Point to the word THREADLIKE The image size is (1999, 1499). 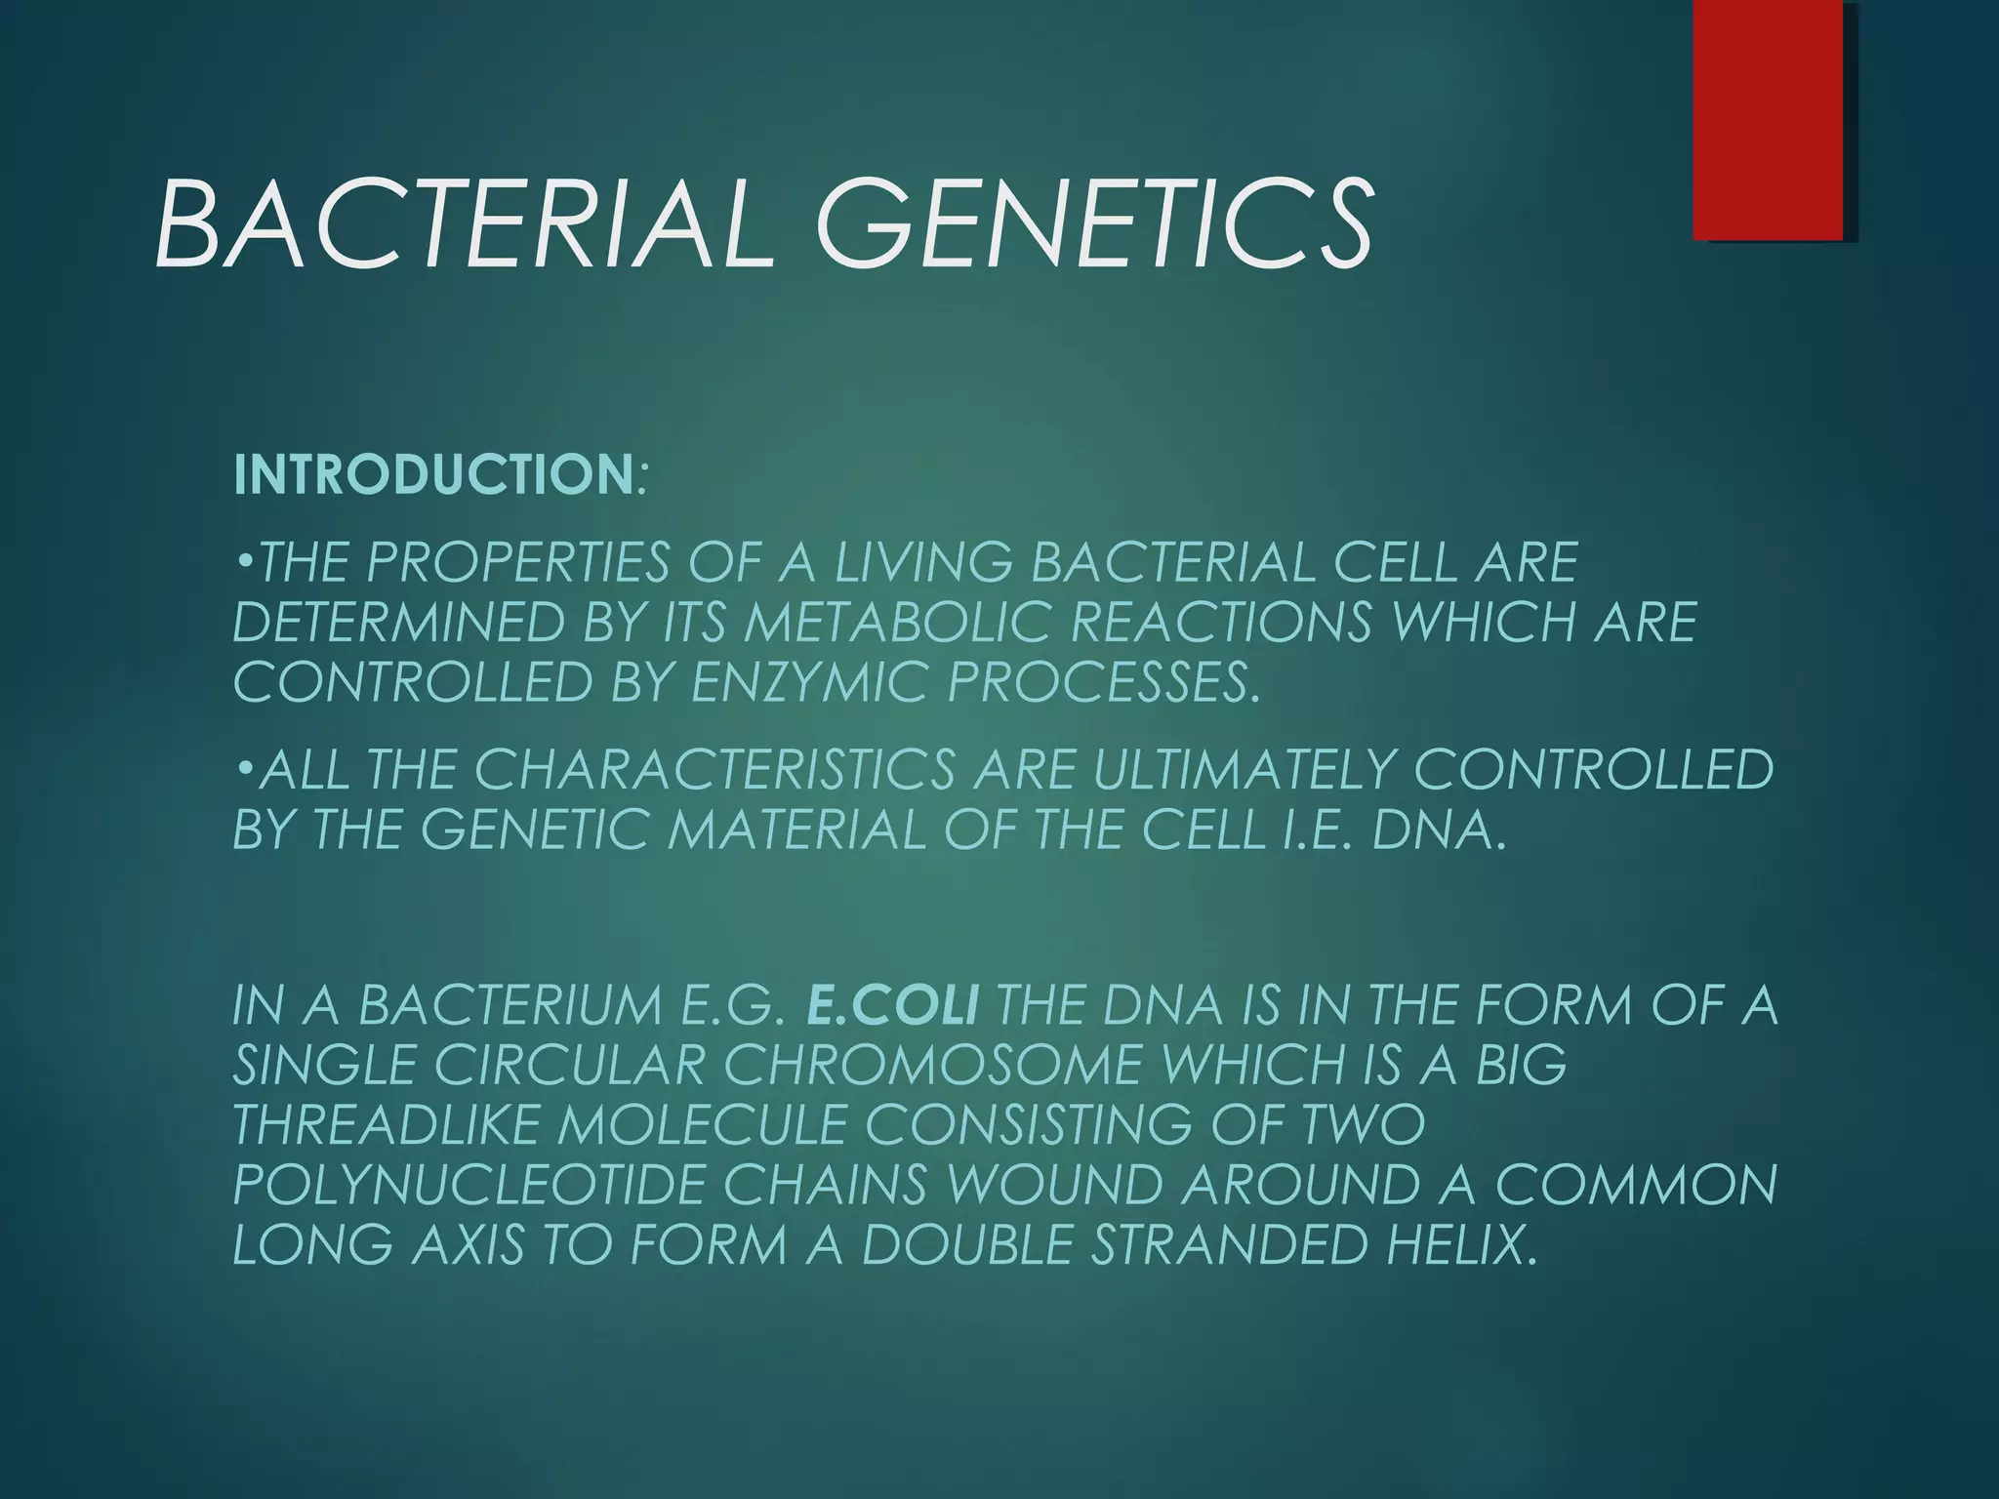(x=387, y=1125)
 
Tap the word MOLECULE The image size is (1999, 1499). (x=702, y=1125)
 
